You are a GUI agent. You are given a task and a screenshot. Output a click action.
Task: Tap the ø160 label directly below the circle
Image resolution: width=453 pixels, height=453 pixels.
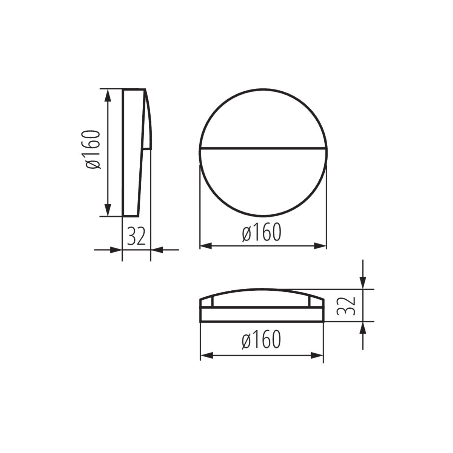262,233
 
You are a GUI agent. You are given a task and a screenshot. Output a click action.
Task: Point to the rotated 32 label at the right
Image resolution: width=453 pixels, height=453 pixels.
347,306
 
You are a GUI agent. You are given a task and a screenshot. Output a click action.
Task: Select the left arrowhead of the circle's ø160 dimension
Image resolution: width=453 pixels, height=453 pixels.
205,246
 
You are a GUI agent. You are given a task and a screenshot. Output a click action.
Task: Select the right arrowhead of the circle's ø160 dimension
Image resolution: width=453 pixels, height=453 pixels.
320,246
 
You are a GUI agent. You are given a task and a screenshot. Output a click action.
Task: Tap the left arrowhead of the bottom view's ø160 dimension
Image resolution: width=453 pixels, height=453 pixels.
206,355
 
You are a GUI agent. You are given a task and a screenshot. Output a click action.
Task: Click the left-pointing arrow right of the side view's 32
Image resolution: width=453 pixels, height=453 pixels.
157,250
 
